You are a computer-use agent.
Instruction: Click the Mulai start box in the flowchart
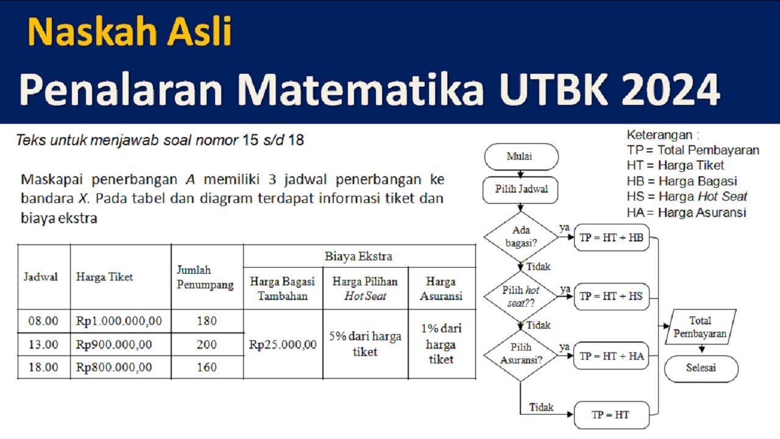tap(521, 157)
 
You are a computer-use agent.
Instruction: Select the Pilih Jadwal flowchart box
tap(521, 190)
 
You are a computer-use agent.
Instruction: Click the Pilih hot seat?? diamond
tap(521, 296)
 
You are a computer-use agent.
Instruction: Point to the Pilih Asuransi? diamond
tap(521, 354)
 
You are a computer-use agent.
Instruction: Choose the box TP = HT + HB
tap(611, 238)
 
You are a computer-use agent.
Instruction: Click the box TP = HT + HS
tap(611, 296)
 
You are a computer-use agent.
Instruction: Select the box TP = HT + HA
tap(611, 355)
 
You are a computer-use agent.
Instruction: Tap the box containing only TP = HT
tap(611, 415)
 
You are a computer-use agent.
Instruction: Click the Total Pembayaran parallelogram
tap(701, 327)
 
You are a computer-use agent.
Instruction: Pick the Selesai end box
tap(701, 368)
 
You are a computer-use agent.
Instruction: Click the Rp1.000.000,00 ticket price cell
tap(119, 321)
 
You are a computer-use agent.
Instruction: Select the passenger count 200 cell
tap(207, 344)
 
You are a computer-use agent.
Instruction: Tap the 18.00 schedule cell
tap(43, 367)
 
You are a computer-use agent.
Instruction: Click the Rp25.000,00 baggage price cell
tap(283, 344)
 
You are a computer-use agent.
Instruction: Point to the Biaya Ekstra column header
tap(358, 256)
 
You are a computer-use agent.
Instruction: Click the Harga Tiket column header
tap(104, 277)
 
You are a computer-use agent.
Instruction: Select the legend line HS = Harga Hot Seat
tap(687, 196)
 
